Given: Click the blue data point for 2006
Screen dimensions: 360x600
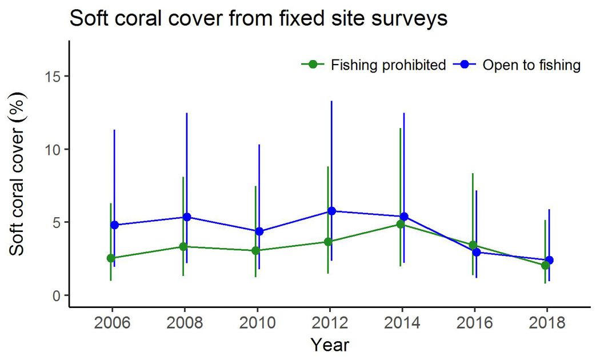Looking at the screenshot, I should (114, 225).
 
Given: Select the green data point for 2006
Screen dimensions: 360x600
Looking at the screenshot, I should (110, 258).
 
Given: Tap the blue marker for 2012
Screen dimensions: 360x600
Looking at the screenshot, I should (331, 211).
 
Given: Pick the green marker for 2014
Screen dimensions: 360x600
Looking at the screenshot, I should (401, 225).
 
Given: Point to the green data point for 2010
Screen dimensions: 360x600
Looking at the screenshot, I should (255, 251).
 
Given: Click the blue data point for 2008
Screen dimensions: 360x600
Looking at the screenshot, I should (187, 217).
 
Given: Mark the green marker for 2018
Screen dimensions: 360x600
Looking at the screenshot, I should (545, 265).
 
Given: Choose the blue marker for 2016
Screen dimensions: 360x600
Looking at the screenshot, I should (477, 252).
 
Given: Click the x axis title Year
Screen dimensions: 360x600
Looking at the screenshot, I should (330, 345).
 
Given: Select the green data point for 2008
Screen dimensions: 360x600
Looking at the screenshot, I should (183, 247).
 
